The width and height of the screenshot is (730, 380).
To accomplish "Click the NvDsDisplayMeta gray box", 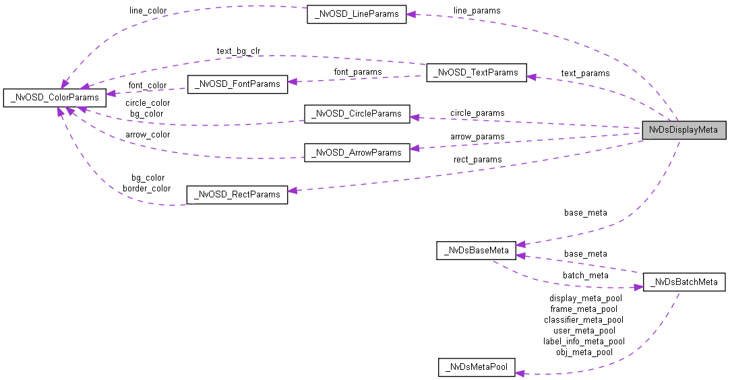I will click(683, 130).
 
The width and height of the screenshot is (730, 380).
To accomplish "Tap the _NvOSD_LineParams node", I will click(357, 14).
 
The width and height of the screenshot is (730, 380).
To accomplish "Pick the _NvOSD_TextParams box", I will click(476, 73).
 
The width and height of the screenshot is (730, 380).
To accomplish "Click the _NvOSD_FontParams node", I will click(237, 84).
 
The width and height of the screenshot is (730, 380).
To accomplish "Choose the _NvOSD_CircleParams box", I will click(357, 114).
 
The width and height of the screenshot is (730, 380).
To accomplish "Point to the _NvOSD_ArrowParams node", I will click(357, 153).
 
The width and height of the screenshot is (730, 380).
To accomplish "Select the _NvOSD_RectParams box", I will click(237, 195).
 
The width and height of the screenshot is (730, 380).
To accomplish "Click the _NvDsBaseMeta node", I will click(477, 251).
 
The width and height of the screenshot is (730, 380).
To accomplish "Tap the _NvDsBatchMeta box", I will click(683, 282).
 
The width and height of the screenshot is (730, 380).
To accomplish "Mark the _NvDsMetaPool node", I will click(477, 368).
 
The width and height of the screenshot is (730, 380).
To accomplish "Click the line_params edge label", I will click(477, 10).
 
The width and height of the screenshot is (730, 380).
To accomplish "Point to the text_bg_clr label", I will click(239, 51).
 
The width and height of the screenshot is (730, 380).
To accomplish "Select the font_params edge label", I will click(358, 71).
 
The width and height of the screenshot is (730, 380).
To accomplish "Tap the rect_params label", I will click(477, 160).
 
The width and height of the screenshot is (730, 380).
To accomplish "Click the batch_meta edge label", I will click(585, 275).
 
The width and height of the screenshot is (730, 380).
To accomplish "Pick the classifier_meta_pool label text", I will click(584, 319).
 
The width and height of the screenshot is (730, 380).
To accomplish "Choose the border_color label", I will click(146, 188).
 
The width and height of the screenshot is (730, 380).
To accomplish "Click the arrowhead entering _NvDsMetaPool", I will click(520, 373).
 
